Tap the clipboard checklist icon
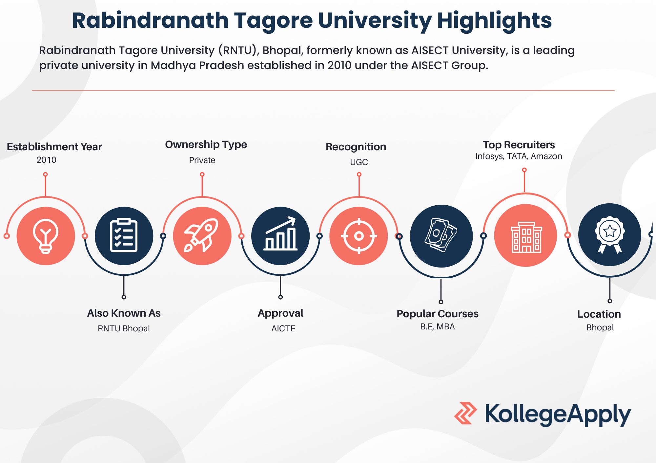point(124,235)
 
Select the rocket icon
point(201,235)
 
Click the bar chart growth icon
point(280,234)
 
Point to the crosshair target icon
point(359,236)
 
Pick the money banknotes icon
point(441,235)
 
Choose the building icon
point(526,237)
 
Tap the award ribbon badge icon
point(610,234)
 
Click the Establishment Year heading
point(54,147)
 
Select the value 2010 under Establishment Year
point(46,160)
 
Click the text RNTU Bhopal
point(124,328)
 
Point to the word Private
point(202,160)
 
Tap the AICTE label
point(283,328)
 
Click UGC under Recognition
point(359,162)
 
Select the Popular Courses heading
point(438,314)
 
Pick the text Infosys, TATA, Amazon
point(519,157)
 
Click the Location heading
point(599,314)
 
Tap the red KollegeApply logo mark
point(465,413)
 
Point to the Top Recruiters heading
point(519,145)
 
